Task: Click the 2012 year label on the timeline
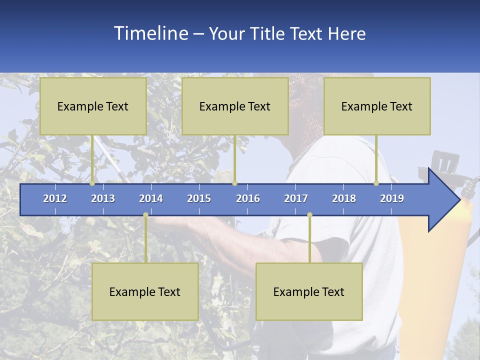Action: (x=55, y=198)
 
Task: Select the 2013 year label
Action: (x=103, y=198)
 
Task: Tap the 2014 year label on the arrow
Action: (x=151, y=198)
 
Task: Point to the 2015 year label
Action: (x=199, y=198)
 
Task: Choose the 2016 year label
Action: (x=248, y=198)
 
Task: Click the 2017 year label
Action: (x=296, y=198)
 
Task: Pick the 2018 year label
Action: (x=344, y=198)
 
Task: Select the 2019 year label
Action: (x=392, y=198)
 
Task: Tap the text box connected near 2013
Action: (x=93, y=106)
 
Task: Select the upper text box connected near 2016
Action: (x=235, y=106)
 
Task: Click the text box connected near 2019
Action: (x=377, y=106)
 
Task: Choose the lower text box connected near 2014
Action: (x=145, y=291)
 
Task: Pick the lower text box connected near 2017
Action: (x=309, y=291)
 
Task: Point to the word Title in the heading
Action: (x=269, y=34)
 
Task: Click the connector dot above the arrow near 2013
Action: (x=92, y=183)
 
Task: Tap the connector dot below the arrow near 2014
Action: (x=145, y=215)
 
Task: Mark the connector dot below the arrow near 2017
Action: (x=309, y=215)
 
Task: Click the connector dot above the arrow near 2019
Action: (x=376, y=183)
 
